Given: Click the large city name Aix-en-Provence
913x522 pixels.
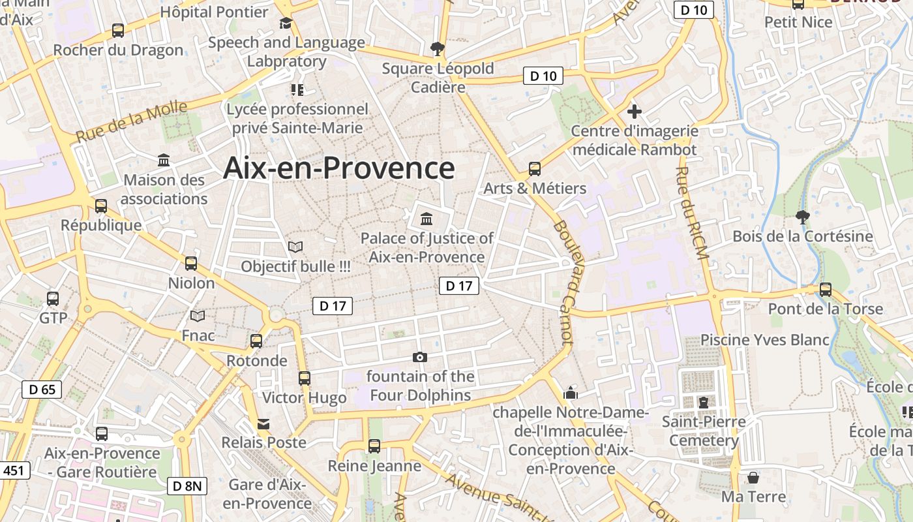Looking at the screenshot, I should (x=338, y=168).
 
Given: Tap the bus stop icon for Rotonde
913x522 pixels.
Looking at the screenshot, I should (x=256, y=341).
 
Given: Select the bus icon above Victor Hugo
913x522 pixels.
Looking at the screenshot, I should (x=304, y=378).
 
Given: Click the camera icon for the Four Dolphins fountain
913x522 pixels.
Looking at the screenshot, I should (x=420, y=357).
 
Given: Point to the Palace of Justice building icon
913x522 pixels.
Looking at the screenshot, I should (x=427, y=218).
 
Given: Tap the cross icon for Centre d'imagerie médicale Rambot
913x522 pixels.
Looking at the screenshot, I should (x=634, y=111).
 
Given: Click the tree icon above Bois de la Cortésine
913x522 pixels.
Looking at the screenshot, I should (x=802, y=217).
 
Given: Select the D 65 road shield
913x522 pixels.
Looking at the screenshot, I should (x=42, y=390).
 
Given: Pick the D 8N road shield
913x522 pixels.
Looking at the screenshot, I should (x=188, y=485).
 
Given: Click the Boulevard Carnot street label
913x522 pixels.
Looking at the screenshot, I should (x=563, y=282).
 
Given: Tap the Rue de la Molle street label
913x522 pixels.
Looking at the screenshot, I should (x=132, y=122).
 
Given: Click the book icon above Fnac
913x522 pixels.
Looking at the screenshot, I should (x=198, y=316).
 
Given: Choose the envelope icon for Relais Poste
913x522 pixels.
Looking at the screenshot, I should (x=263, y=424).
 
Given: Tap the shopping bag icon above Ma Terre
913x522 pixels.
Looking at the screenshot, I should (x=753, y=478).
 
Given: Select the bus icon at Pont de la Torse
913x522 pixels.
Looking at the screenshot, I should (x=826, y=289).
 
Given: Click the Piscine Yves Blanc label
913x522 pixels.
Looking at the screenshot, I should (x=764, y=340).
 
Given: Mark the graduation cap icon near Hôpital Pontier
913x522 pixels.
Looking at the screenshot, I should (x=286, y=24).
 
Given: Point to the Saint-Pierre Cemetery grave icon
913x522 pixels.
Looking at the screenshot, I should (x=703, y=403).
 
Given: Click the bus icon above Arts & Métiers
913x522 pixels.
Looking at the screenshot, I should (x=535, y=169).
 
